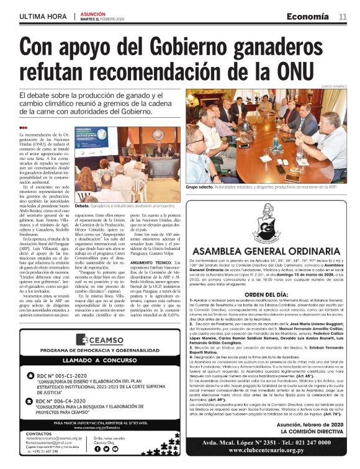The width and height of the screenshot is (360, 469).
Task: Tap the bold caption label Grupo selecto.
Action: pos(201,186)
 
